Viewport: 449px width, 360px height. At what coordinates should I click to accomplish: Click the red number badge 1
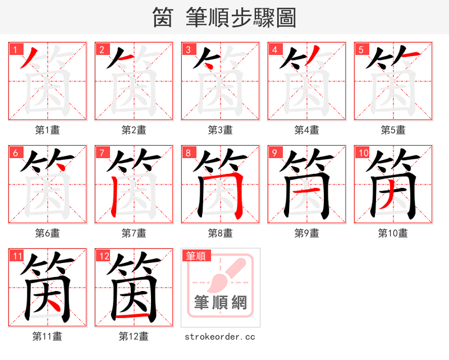15,49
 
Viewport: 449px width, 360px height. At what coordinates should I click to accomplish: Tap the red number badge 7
101,153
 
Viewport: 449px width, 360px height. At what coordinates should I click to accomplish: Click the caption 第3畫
220,130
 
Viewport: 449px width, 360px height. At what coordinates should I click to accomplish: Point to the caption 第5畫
393,130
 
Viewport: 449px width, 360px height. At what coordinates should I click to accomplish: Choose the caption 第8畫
220,233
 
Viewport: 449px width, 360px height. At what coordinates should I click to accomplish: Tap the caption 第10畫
393,233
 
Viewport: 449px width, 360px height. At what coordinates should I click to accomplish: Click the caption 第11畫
47,336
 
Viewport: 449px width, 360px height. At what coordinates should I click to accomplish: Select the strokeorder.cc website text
220,336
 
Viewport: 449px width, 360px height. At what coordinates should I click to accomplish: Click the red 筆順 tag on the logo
196,256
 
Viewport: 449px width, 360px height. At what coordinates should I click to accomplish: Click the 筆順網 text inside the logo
221,302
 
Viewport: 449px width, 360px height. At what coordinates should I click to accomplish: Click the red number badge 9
274,153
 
